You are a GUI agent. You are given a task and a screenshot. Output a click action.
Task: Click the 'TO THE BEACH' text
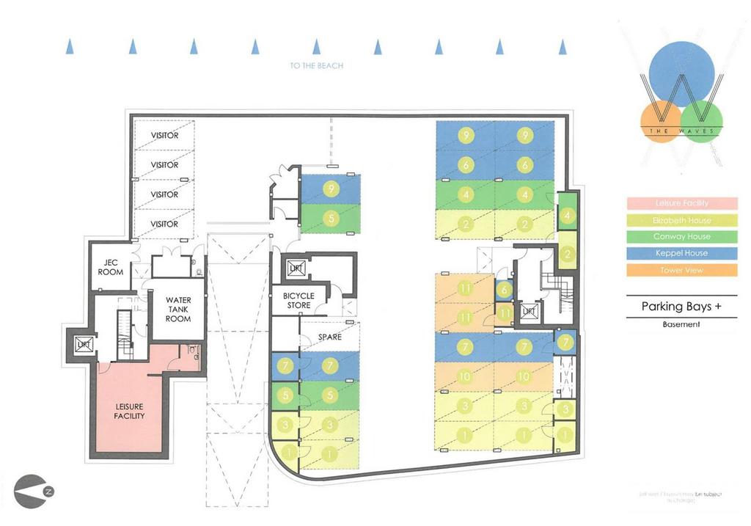point(317,66)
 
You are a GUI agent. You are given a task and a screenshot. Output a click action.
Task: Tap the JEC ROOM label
point(110,268)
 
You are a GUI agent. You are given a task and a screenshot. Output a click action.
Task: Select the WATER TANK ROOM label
point(178,310)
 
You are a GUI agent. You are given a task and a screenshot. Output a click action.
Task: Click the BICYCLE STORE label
point(298,301)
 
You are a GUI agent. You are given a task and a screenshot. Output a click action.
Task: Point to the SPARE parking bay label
point(329,338)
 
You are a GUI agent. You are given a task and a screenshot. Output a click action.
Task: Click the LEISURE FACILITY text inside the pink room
point(129,411)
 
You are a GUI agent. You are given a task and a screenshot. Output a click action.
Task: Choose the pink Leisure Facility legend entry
point(681,203)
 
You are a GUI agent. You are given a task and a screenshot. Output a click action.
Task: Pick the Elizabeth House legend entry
point(681,220)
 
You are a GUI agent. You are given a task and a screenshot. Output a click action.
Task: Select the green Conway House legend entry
point(681,237)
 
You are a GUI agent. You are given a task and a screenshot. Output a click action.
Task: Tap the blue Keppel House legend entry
point(681,254)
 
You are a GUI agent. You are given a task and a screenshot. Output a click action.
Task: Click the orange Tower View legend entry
point(681,271)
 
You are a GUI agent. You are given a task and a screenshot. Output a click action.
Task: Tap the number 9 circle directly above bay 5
point(331,189)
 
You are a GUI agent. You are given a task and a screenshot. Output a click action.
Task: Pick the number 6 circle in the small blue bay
point(503,289)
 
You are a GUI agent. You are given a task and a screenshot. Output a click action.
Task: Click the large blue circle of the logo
point(681,73)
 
